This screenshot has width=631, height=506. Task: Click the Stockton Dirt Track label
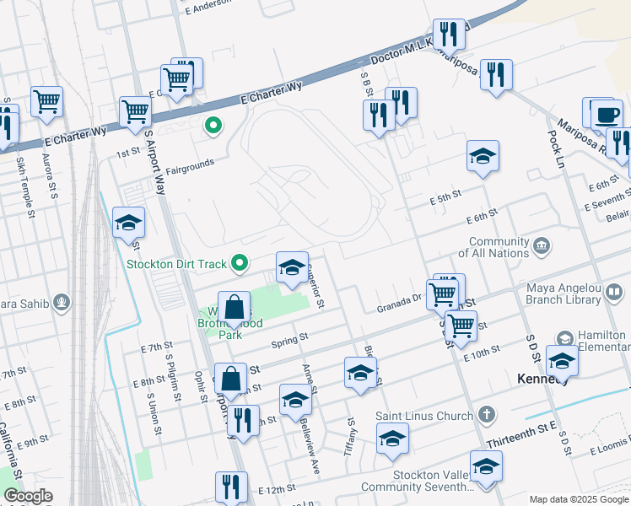point(178,264)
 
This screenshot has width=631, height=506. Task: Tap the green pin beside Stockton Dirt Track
point(240,264)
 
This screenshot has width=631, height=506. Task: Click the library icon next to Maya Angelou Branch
point(615,293)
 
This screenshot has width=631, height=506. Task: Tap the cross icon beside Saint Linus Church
point(486,415)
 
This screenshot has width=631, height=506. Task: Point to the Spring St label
point(289,339)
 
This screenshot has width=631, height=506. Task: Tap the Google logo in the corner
point(28,496)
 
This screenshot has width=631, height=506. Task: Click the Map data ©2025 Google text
point(579,499)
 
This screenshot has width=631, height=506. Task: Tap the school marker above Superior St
point(292,269)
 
